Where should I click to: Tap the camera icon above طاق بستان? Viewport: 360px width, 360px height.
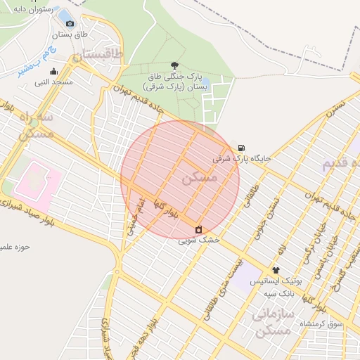point(70,24)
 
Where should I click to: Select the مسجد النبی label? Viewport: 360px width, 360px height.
point(54,82)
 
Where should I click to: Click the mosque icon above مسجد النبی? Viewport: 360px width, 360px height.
point(54,71)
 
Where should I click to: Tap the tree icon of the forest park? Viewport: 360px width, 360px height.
point(174,65)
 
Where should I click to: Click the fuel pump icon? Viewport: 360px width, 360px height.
point(242,148)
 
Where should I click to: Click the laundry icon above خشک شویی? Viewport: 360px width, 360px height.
point(199,229)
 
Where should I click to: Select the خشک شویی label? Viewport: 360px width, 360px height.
point(199,240)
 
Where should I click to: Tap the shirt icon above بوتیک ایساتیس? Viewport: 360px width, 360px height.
point(276,270)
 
